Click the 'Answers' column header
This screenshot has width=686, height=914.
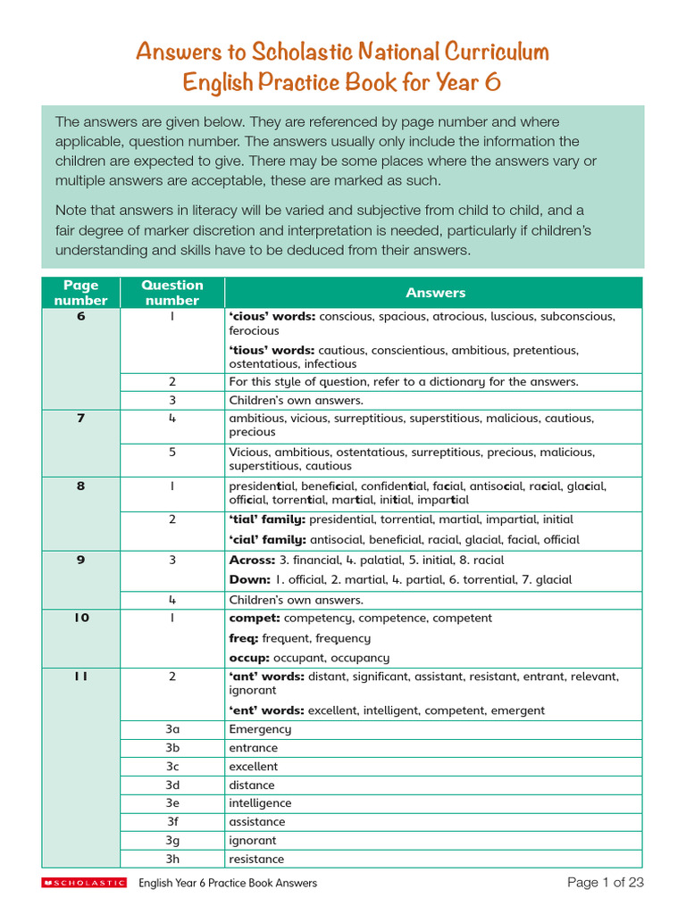tap(435, 293)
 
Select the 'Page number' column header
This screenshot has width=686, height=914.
tap(80, 293)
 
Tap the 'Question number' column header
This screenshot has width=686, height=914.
tap(172, 293)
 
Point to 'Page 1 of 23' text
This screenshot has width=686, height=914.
tap(605, 883)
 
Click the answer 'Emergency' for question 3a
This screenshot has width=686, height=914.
tap(260, 729)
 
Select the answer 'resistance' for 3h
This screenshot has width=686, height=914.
tap(256, 859)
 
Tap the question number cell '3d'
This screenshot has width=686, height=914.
tap(172, 785)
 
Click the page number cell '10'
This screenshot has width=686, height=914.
tap(80, 619)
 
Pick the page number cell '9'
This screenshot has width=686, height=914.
tap(80, 561)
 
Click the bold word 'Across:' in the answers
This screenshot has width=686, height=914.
tap(252, 561)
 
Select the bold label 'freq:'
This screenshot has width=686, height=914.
tap(244, 638)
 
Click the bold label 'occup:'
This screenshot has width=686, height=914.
tap(249, 657)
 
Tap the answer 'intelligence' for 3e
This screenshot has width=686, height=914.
tap(260, 803)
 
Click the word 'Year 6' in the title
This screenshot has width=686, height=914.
tap(468, 82)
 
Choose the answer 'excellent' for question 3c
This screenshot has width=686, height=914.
tap(254, 767)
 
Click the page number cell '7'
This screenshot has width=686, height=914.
tap(80, 419)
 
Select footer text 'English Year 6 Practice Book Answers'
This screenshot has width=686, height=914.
tap(228, 883)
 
